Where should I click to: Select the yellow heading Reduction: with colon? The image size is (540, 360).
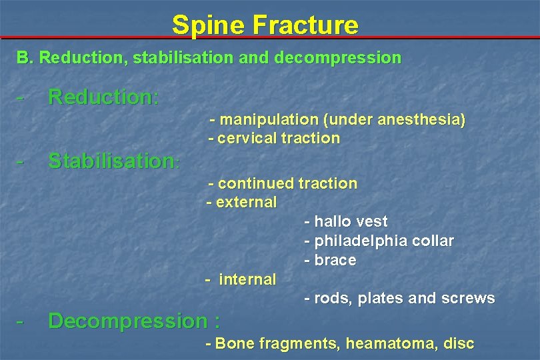click(103, 97)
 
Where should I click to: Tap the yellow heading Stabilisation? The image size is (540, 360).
click(112, 161)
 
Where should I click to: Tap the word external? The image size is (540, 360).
click(246, 202)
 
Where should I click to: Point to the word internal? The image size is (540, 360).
click(247, 279)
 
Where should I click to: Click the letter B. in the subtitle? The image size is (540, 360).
click(24, 58)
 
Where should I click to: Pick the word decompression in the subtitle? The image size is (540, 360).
click(349, 58)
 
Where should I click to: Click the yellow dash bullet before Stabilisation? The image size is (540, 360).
click(21, 161)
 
